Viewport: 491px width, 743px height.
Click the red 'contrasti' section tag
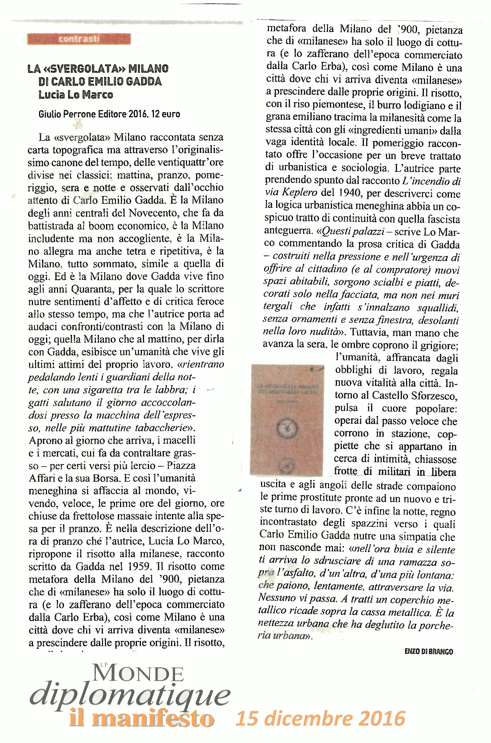[79, 39]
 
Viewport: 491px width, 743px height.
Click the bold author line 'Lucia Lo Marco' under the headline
[75, 95]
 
